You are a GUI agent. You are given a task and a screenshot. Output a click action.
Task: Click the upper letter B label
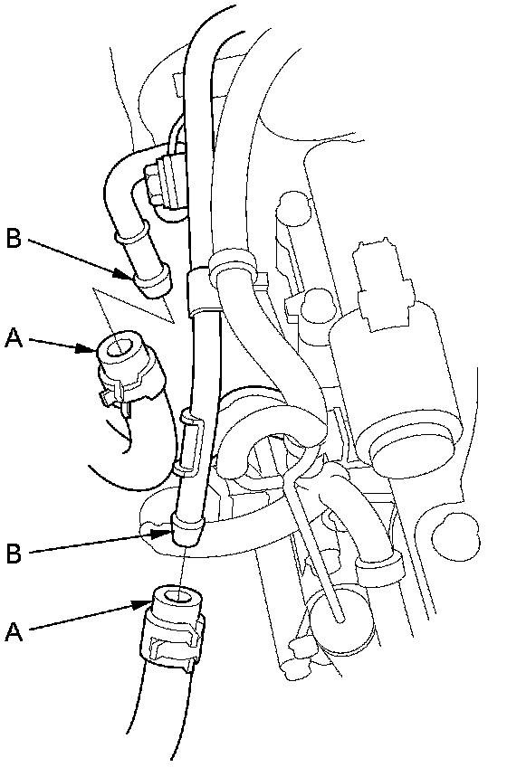point(14,239)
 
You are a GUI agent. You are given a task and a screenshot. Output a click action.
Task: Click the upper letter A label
point(14,338)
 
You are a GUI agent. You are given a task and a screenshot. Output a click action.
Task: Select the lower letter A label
point(14,631)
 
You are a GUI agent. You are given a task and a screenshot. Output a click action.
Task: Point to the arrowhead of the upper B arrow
point(126,274)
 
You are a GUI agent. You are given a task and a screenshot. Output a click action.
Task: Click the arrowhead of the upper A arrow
point(87,349)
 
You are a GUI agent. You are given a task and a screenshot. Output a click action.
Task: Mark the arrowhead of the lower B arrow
point(163,532)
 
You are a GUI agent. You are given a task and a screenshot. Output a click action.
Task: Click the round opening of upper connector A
point(117,349)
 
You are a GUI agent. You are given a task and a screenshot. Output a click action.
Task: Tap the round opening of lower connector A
point(178,597)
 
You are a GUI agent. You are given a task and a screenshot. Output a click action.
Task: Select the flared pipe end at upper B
point(152,284)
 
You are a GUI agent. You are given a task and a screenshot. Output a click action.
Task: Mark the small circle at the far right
point(456,535)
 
